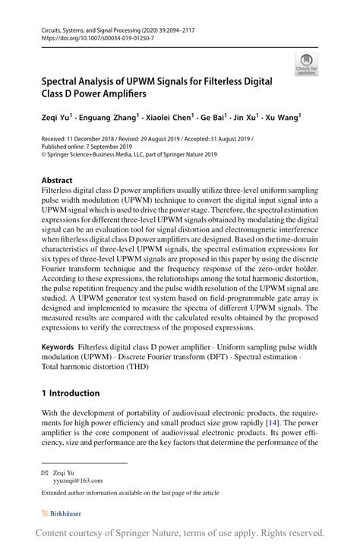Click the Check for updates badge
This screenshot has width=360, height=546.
point(306,65)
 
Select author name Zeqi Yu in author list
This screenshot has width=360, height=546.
point(56,118)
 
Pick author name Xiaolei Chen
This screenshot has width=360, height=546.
point(169,118)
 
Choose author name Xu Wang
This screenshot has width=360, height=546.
point(282,118)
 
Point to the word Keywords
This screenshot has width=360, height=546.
point(59,346)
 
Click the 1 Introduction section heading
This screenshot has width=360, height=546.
point(71,393)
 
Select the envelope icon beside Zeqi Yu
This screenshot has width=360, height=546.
point(45,471)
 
